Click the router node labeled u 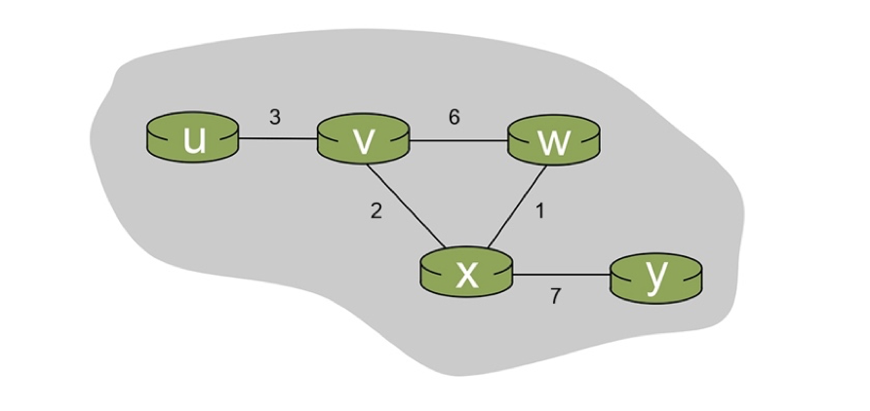193,139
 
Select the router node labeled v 363,140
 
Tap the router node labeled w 553,140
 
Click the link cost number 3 275,117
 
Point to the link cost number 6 455,117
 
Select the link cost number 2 376,212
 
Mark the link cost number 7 555,297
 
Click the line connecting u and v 278,139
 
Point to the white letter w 553,142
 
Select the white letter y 656,276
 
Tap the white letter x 467,276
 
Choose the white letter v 363,142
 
